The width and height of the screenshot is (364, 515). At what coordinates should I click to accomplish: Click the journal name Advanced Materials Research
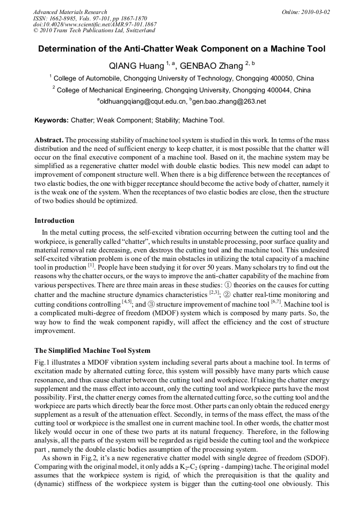click(70, 12)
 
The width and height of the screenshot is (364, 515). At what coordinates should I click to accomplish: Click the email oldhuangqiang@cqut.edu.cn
click(143, 101)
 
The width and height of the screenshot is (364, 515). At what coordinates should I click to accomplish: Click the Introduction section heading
click(54, 221)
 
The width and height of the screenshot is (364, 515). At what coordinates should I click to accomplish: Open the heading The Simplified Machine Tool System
click(92, 351)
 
